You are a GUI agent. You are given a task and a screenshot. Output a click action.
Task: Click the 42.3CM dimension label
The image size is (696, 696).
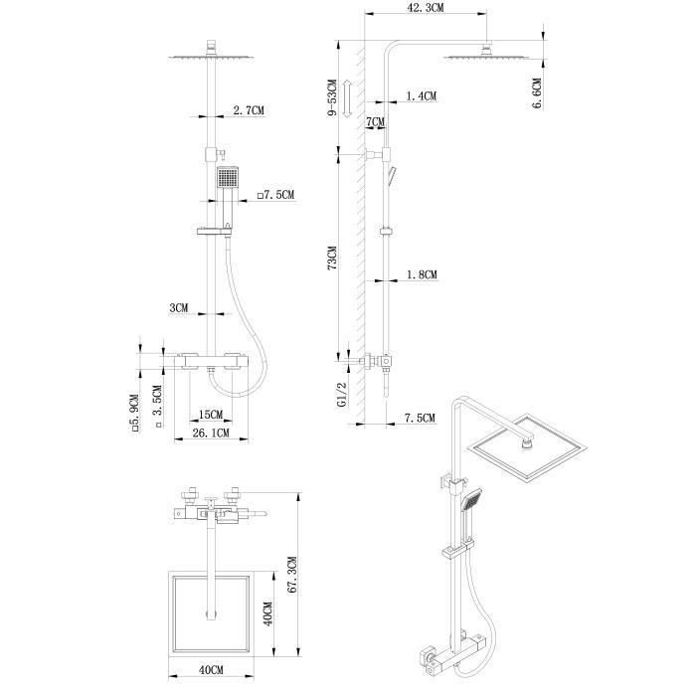pos(426,8)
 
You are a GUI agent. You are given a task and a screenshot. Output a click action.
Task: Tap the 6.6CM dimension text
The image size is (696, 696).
pos(537,93)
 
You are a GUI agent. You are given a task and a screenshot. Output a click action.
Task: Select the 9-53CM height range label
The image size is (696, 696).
pos(332,98)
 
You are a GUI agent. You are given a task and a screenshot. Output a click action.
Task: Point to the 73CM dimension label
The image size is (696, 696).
pos(332,259)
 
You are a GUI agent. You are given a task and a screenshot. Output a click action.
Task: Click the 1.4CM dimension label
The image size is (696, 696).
pos(422,95)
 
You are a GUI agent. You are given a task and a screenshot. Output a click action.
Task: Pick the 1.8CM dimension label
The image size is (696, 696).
pos(423,274)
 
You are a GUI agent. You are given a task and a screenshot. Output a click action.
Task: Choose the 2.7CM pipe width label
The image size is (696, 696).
pos(249,110)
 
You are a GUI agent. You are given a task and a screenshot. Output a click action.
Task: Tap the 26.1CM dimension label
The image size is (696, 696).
pos(211,433)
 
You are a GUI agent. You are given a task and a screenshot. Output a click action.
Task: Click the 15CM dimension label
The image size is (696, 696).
pos(211,415)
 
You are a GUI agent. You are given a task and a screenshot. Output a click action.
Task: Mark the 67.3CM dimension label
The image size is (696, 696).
pos(291,576)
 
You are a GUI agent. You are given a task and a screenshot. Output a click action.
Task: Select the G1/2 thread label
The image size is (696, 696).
pos(342,395)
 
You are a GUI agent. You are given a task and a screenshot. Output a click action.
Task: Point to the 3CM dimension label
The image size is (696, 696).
pos(179,307)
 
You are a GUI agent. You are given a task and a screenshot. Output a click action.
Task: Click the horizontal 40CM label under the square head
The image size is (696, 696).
pos(211,670)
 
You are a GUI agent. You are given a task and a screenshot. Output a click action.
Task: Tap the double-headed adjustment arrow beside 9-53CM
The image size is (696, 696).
pos(348,98)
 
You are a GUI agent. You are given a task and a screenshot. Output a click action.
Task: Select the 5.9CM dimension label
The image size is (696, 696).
pos(135,413)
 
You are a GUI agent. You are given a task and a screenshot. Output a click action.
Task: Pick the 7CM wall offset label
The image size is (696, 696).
pos(376,121)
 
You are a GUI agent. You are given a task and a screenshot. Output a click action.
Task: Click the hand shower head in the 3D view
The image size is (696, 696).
pos(471,500)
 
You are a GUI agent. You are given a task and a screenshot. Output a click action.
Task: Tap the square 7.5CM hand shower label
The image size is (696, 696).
pos(275,195)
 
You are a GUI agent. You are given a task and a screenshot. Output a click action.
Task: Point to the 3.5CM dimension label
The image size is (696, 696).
pos(157,406)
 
